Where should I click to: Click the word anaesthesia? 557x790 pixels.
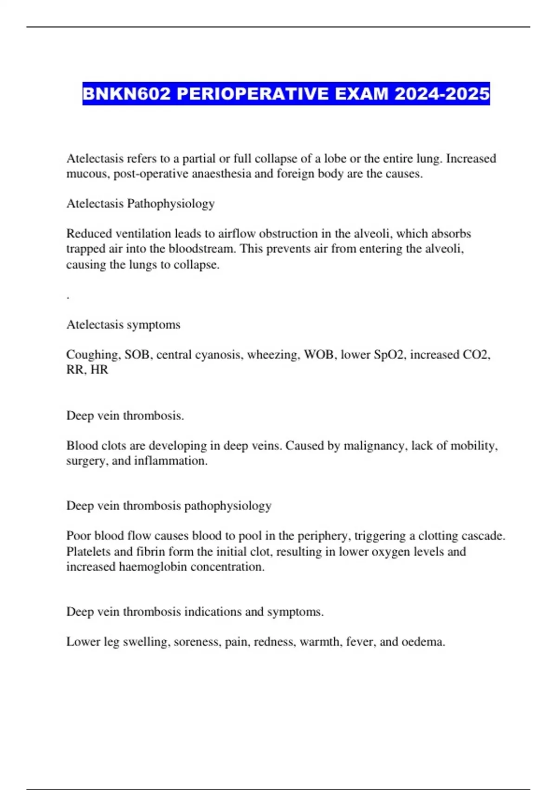click(x=221, y=174)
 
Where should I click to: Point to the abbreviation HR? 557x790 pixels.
click(x=100, y=370)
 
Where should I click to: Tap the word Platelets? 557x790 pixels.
click(x=88, y=552)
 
